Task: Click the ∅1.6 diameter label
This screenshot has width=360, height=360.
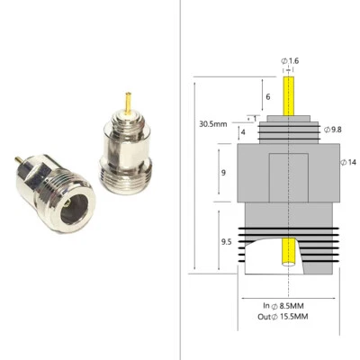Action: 292,60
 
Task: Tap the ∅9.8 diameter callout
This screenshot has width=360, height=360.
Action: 331,130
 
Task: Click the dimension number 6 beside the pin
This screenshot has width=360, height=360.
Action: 267,96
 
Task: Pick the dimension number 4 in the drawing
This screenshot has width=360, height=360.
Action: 244,131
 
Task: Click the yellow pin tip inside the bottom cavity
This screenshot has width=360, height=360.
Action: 288,253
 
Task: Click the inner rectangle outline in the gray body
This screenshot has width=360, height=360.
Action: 289,175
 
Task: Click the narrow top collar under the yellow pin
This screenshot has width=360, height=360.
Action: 289,118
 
